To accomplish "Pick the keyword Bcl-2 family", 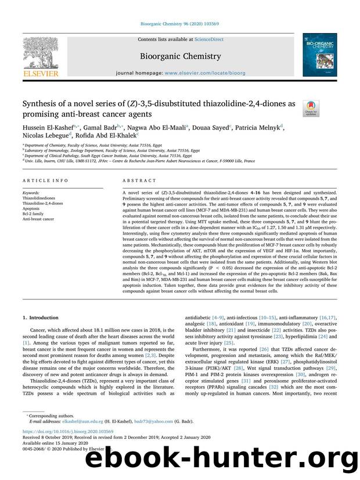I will click(35, 213).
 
